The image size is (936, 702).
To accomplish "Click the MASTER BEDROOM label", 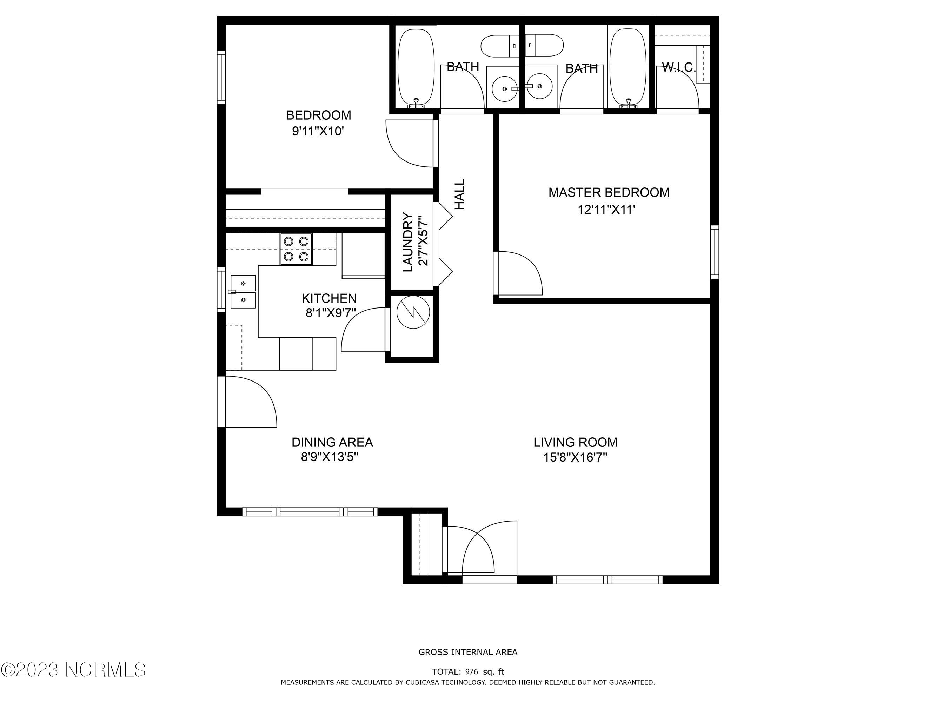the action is point(609,193).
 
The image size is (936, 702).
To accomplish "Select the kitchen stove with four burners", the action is point(296,249).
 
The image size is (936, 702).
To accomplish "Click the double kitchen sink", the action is point(243,292).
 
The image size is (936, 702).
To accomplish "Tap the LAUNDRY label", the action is point(408,242).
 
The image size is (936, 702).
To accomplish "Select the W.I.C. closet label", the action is point(678,67).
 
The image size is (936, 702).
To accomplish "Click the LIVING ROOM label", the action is point(576,442).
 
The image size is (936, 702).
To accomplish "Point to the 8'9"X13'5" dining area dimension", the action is point(330,457).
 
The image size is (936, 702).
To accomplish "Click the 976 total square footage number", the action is point(471,671).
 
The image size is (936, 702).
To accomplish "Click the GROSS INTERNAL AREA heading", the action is point(468,652).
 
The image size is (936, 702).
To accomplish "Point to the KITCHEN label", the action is point(329,298).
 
